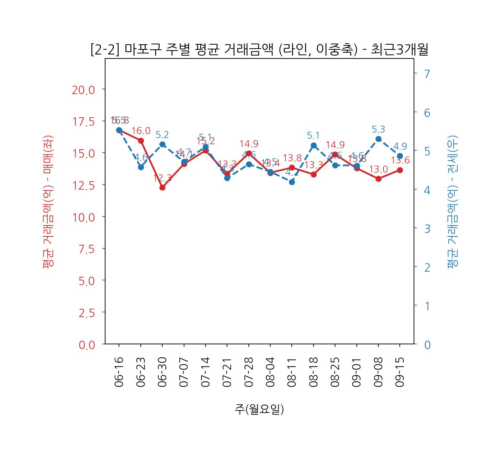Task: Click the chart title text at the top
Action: coord(259,50)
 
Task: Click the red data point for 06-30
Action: coord(162,187)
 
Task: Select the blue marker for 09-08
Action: coord(378,139)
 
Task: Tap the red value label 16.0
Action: coord(141,131)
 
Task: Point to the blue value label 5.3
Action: coord(378,129)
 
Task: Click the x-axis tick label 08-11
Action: coord(292,372)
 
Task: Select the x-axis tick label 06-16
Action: coord(119,372)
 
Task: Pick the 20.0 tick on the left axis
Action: coord(83,90)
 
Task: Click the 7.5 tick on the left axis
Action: coord(87,249)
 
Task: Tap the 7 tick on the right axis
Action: coord(427,74)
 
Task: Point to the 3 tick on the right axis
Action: coord(427,228)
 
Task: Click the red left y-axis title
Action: coord(48,202)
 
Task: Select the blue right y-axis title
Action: coord(453,202)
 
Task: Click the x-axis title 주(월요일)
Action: coord(259,409)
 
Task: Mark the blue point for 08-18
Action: coord(314,146)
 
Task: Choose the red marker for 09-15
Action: coord(400,170)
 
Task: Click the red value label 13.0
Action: coord(378,169)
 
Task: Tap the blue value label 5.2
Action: coord(162,135)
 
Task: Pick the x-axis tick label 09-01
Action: coord(356,372)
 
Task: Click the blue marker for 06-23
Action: coord(141,167)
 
